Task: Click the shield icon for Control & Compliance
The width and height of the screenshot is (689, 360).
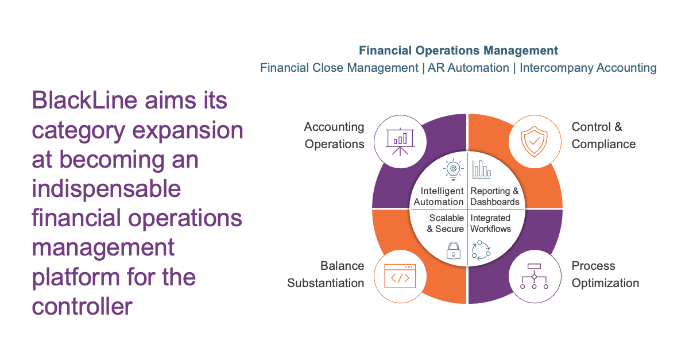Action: (x=535, y=141)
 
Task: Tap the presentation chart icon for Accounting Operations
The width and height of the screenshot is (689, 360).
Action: (x=400, y=142)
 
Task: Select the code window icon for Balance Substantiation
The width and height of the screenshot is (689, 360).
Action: (x=400, y=276)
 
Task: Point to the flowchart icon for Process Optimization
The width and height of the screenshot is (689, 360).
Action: (x=534, y=276)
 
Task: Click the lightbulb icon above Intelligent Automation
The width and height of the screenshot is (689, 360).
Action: (x=453, y=169)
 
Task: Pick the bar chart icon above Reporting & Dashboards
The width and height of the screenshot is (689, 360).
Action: (x=482, y=169)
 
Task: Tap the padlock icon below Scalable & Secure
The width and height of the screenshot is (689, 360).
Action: (x=454, y=250)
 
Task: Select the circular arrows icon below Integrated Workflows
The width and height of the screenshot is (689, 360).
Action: (x=481, y=251)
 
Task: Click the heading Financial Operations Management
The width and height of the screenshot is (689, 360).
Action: (x=458, y=51)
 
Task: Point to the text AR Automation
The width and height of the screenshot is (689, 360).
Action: (x=468, y=68)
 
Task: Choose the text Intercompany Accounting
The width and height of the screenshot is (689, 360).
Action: (x=588, y=68)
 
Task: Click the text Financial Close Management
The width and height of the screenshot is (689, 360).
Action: (x=339, y=68)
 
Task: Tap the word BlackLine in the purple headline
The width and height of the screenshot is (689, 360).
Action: (x=84, y=100)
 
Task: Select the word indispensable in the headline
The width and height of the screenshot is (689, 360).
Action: (x=106, y=189)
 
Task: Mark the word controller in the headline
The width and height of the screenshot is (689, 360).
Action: (x=82, y=306)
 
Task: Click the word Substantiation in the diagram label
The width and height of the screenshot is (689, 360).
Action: (x=326, y=283)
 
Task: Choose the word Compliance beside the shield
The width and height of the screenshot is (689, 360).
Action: (x=603, y=144)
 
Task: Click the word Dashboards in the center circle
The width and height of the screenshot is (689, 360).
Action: (x=495, y=202)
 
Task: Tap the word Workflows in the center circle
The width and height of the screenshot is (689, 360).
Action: (x=490, y=229)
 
